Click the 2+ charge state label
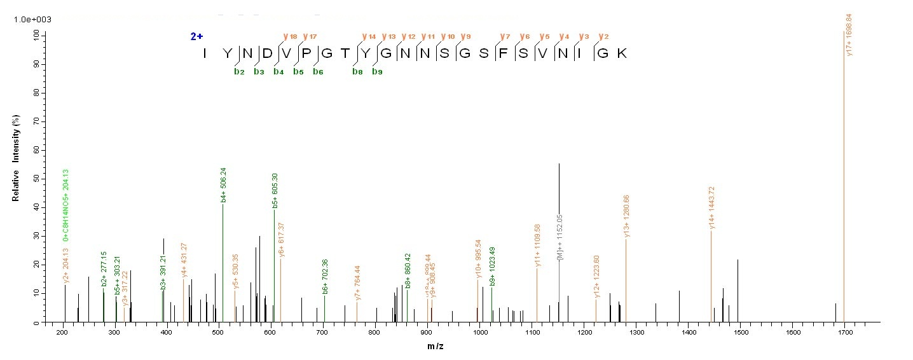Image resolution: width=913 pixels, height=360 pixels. (x=197, y=36)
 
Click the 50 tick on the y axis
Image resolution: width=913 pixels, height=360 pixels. (x=36, y=179)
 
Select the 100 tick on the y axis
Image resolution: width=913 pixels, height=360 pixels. (x=34, y=36)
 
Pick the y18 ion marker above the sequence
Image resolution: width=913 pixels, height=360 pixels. (x=290, y=36)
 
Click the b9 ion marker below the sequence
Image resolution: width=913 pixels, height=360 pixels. (x=377, y=72)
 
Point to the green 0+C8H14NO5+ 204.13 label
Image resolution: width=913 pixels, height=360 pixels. (x=65, y=205)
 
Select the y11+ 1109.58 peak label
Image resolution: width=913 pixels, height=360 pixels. (x=538, y=245)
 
